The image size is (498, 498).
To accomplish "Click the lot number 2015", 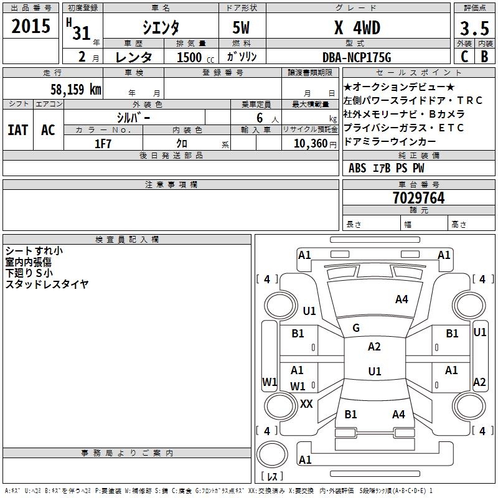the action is coord(31,26).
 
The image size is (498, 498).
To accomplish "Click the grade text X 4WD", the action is coord(357,28).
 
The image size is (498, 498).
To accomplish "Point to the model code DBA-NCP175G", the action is coord(357,57).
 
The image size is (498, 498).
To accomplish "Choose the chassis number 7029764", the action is coord(418,199).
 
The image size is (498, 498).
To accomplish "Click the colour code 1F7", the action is coord(103,144).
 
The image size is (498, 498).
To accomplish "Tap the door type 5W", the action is coord(243,28).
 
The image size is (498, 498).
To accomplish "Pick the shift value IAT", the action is coord(17,130).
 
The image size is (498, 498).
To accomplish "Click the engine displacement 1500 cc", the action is coord(189,57).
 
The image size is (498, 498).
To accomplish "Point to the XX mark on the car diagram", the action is coord(306,404).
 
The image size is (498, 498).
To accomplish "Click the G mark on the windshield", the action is coord(356,328).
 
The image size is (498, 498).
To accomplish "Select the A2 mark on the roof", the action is coord(374,347).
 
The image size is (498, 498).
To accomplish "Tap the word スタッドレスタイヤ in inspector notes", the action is coord(47,284).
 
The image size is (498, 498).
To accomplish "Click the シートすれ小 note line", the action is coord(34,251).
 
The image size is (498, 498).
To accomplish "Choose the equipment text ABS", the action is coord(357,168).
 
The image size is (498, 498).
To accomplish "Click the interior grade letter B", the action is coord(484,57).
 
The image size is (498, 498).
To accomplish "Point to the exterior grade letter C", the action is coord(464,57).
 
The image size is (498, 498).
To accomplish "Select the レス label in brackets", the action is coord(272,477).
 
